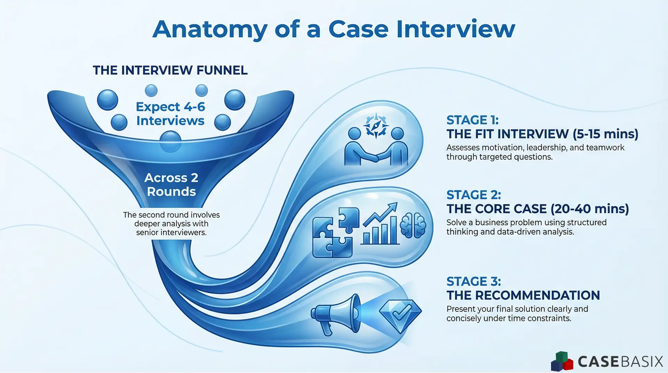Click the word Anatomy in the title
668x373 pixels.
[209, 29]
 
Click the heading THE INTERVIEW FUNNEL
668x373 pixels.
[170, 70]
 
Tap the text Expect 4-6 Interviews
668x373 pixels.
[170, 114]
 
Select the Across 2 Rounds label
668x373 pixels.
[171, 185]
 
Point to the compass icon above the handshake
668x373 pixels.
[376, 126]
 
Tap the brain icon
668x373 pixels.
[413, 225]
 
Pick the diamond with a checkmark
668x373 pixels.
[400, 314]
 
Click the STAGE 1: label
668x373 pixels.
[472, 120]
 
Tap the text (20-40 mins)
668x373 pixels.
[590, 209]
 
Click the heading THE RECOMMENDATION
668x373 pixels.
[523, 295]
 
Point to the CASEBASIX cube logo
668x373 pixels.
[562, 362]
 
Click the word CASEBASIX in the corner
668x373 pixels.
[620, 362]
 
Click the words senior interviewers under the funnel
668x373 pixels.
[171, 233]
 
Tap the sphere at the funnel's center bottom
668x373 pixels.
[170, 141]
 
